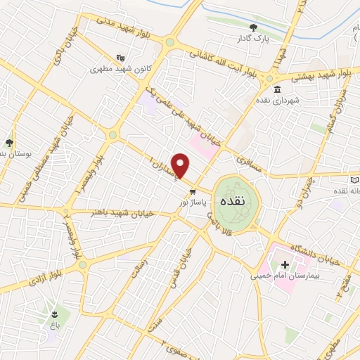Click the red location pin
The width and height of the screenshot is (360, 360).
[x=181, y=166]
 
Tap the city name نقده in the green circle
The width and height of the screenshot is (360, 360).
[x=232, y=200]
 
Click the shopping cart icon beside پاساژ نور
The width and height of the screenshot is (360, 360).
[x=192, y=191]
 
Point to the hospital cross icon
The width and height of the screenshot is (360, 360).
[x=285, y=265]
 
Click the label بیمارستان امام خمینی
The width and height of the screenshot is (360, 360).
[x=285, y=277]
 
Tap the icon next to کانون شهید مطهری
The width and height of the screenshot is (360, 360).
[x=120, y=58]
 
